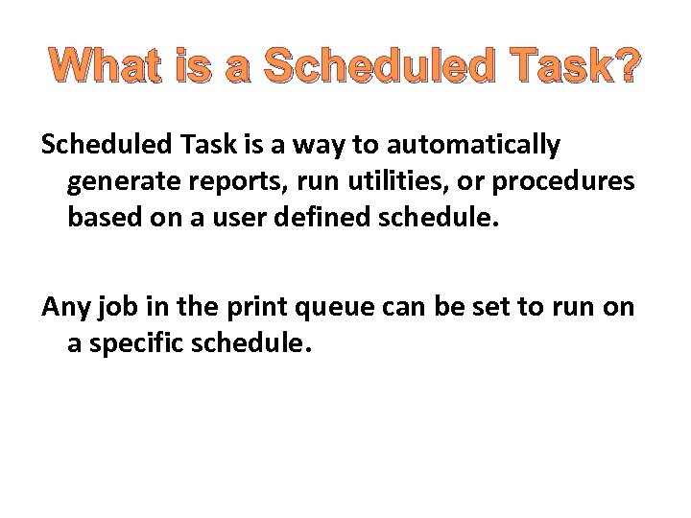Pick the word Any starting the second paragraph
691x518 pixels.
(63, 306)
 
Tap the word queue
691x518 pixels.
(318, 308)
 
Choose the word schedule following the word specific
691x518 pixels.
(251, 342)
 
